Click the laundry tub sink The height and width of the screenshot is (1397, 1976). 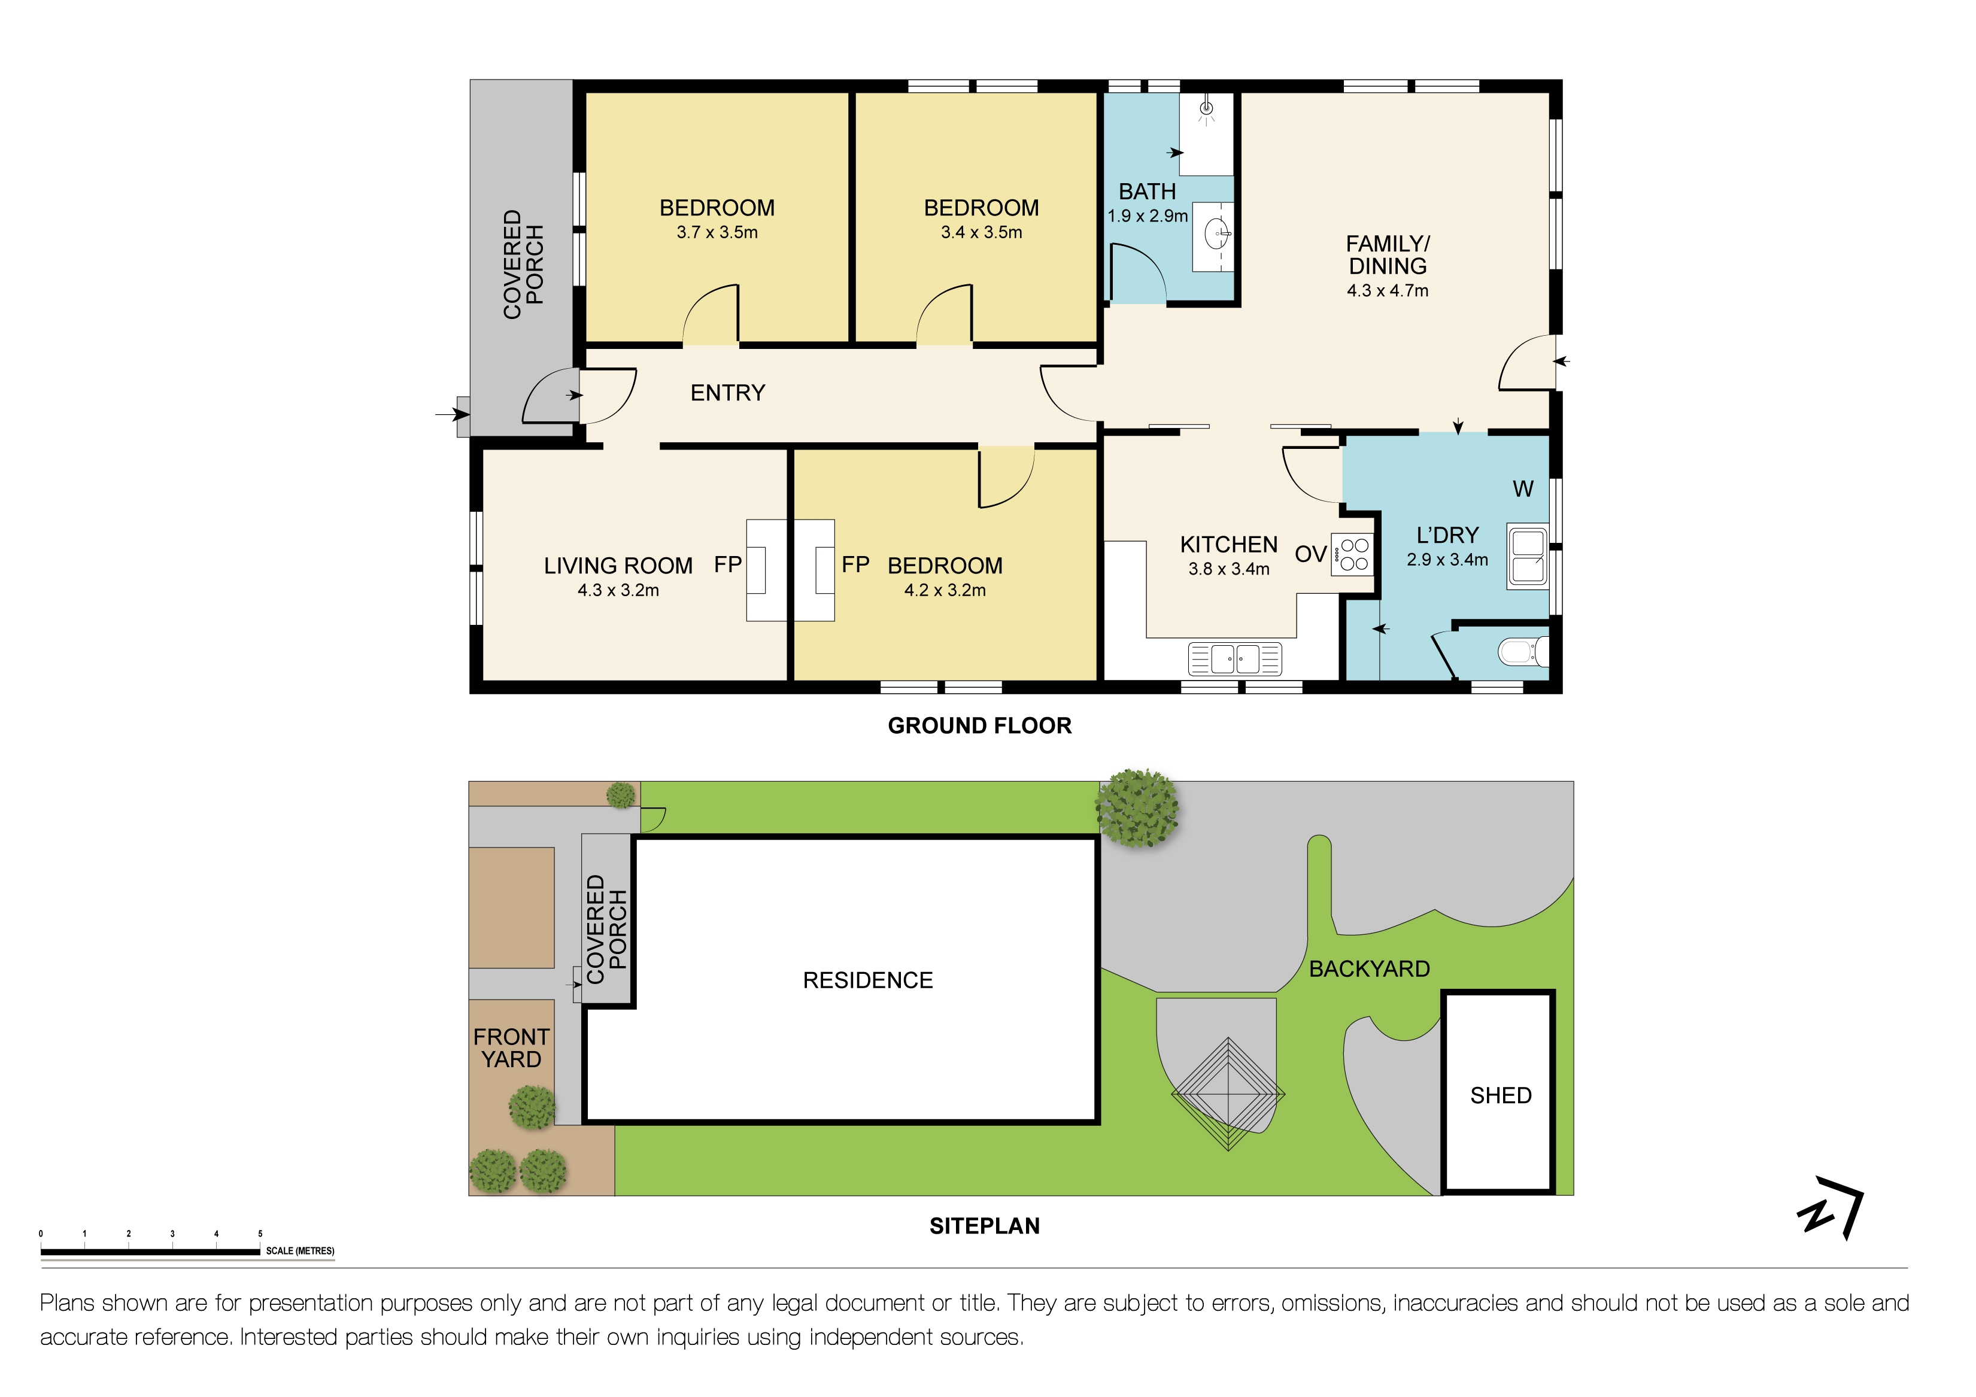1528,557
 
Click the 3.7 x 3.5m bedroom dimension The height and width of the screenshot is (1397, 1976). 717,232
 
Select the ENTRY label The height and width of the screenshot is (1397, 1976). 727,393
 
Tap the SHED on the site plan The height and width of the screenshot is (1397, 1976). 1500,1096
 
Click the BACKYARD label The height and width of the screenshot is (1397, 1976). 1368,969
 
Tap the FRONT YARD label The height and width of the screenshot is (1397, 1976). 511,1049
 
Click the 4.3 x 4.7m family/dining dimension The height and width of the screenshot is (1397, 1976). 1388,291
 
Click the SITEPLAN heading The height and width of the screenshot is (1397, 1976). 985,1226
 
